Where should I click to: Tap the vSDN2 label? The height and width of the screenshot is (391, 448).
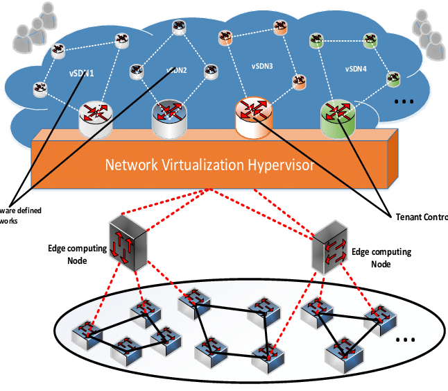click(x=178, y=70)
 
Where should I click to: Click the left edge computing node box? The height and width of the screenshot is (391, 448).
click(x=128, y=242)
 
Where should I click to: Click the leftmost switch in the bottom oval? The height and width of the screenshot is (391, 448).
click(x=87, y=333)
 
